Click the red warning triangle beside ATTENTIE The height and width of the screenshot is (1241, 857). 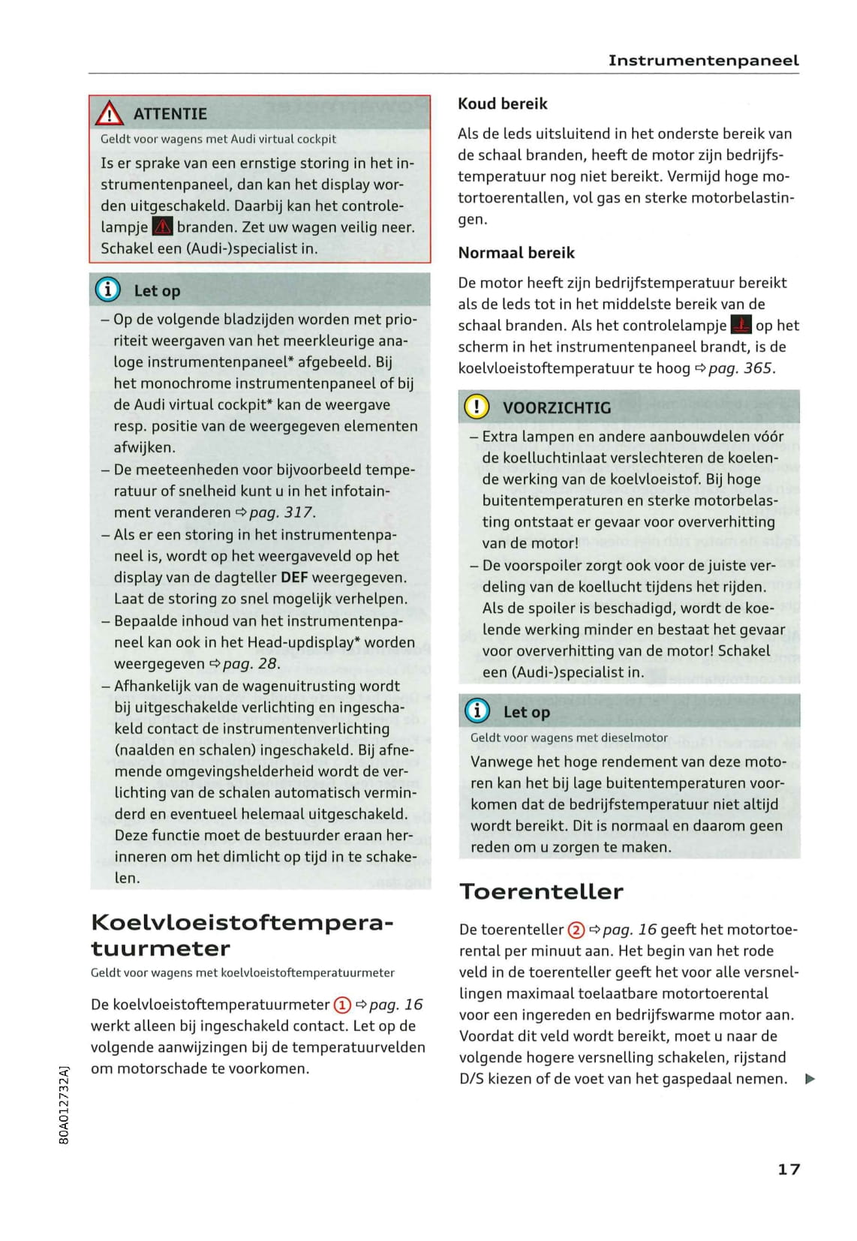tap(110, 113)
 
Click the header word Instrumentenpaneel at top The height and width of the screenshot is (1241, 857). tap(703, 61)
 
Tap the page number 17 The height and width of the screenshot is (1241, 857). tap(789, 1169)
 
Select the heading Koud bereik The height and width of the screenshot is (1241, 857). tap(503, 104)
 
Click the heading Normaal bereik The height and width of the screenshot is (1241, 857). tap(516, 253)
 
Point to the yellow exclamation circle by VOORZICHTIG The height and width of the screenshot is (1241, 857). tap(477, 407)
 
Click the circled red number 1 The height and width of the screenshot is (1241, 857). tap(341, 1005)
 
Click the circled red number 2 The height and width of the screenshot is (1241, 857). tap(576, 930)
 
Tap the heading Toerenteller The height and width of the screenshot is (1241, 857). tap(541, 891)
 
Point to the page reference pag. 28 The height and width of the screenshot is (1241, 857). tap(251, 664)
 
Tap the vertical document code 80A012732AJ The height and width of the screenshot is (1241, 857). tap(64, 1104)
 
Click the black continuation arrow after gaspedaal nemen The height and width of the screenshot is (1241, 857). tap(809, 1080)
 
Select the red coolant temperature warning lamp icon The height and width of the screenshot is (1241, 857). tap(741, 325)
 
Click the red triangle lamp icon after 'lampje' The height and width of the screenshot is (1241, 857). tap(162, 227)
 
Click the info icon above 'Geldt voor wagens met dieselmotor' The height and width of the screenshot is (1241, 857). tap(477, 711)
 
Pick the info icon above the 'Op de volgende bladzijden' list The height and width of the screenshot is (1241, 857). tap(108, 290)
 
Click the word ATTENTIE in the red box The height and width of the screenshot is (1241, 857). tap(170, 114)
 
